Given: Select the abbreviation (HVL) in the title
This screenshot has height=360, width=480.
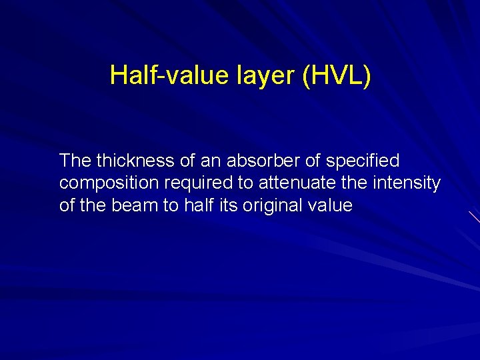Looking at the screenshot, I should [337, 75].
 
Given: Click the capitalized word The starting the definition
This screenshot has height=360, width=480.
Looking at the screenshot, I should [75, 161].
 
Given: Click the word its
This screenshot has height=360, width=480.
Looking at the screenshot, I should [227, 205].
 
